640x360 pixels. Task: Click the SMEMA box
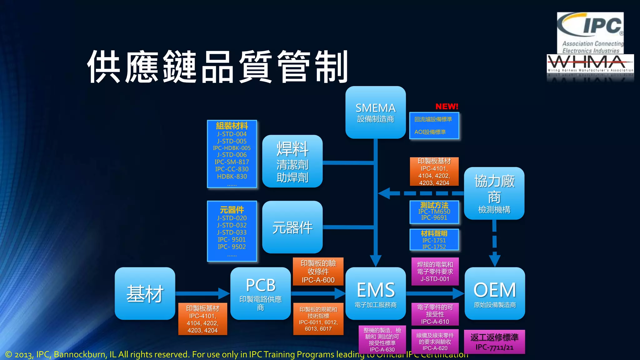[375, 112]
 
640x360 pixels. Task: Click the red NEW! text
[447, 107]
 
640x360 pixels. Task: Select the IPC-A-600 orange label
[318, 271]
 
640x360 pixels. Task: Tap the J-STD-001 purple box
[435, 271]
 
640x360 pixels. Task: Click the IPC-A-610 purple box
[435, 314]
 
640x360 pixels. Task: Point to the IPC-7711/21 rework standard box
[494, 342]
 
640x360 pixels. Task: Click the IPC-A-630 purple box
[382, 340]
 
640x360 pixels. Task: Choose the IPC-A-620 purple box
[435, 341]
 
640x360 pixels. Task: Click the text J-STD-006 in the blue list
[232, 155]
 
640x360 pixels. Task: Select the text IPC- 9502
[232, 247]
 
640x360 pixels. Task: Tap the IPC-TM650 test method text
[434, 211]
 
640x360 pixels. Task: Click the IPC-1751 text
[434, 240]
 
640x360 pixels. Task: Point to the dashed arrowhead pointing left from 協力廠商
[384, 193]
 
